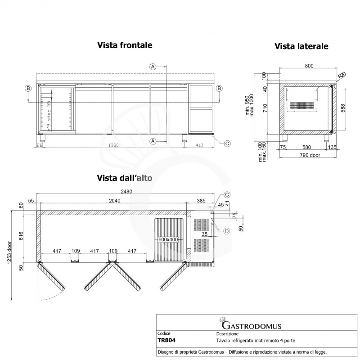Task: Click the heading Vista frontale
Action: pyautogui.click(x=125, y=45)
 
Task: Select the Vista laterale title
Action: pyautogui.click(x=301, y=46)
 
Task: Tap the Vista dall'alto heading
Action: pyautogui.click(x=125, y=178)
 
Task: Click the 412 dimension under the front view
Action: pyautogui.click(x=200, y=145)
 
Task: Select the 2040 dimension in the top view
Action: pyautogui.click(x=114, y=201)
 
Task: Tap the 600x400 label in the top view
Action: pyautogui.click(x=168, y=239)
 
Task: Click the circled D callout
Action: pyautogui.click(x=227, y=231)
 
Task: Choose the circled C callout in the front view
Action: pyautogui.click(x=227, y=144)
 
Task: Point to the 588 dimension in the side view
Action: pyautogui.click(x=343, y=108)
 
